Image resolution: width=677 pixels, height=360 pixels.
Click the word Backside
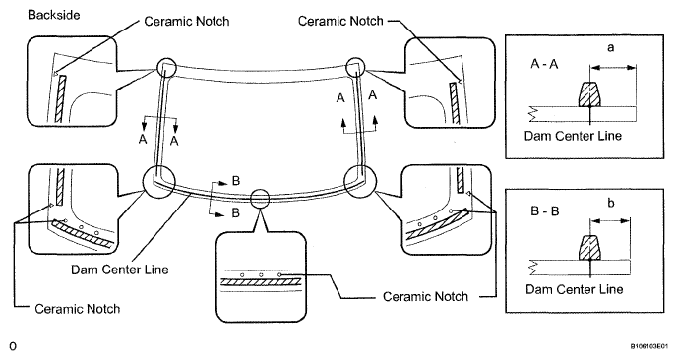click(54, 15)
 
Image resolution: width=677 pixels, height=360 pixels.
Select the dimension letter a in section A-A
click(610, 48)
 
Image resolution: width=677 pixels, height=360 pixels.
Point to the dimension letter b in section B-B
click(610, 203)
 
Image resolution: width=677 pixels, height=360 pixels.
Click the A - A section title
click(544, 64)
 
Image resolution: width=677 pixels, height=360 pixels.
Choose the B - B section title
click(544, 211)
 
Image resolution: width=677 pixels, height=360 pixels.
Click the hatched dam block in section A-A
click(589, 94)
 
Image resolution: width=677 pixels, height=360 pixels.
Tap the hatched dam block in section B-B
click(589, 248)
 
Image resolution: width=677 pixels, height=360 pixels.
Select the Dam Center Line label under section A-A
click(573, 136)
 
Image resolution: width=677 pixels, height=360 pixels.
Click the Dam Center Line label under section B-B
click(575, 289)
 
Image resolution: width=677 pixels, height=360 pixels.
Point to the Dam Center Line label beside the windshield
click(120, 270)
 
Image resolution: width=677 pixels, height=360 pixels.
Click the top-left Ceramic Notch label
click(187, 22)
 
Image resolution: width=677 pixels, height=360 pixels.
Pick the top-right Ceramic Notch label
click(340, 21)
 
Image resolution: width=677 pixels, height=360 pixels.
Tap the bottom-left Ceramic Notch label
click(78, 309)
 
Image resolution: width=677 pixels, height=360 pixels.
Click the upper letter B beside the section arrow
click(236, 180)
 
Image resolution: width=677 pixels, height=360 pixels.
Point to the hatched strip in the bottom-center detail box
click(261, 282)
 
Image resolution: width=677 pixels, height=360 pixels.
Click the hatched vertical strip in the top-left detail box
click(61, 98)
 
